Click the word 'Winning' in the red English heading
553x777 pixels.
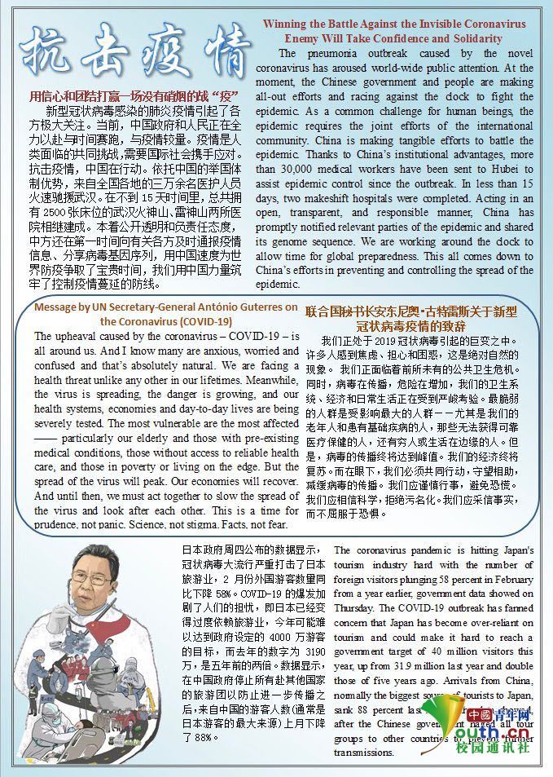click(283, 24)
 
